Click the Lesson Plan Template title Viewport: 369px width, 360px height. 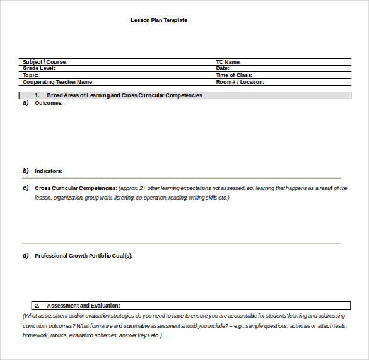point(158,20)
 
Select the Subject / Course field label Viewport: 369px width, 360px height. point(44,62)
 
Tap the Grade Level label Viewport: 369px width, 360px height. point(39,68)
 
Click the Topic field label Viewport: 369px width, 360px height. point(30,75)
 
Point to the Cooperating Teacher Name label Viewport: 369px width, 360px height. point(58,82)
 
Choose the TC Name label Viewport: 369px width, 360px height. point(228,62)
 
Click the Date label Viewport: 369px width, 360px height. point(222,68)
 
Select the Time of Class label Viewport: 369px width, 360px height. point(234,75)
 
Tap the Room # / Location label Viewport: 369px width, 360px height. point(240,82)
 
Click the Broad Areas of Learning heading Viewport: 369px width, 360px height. point(124,95)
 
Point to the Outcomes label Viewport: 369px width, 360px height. point(49,103)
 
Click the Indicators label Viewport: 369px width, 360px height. point(49,171)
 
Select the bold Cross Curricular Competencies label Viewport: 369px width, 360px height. point(76,188)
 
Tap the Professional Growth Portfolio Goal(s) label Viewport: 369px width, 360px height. point(83,256)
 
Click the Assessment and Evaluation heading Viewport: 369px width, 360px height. point(83,306)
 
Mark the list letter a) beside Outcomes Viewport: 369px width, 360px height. point(26,103)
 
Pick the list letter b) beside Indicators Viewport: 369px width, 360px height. point(26,171)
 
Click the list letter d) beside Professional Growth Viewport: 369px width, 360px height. point(26,256)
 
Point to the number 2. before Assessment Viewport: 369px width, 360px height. point(37,306)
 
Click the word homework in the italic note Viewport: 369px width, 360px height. point(35,335)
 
